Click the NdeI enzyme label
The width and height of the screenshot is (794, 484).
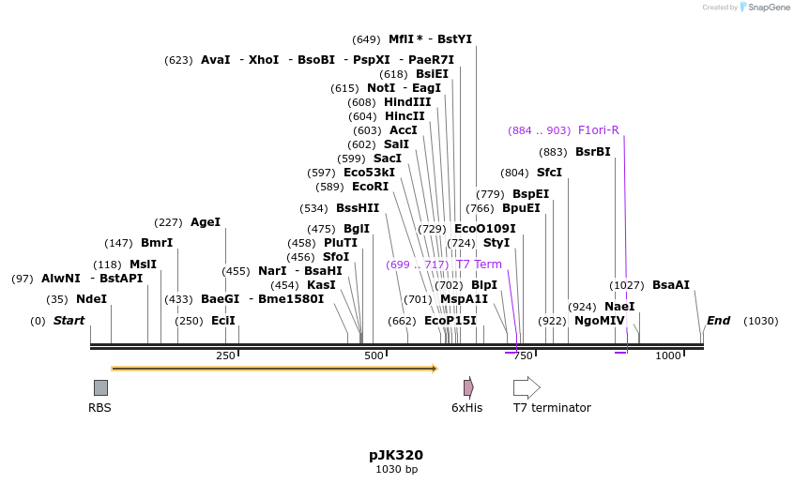[x=91, y=299]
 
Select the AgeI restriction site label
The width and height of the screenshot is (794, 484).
[x=205, y=222]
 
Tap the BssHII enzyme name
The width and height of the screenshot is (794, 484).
[x=358, y=208]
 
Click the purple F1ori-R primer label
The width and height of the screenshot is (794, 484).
[x=598, y=130]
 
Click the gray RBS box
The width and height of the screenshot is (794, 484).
[x=100, y=387]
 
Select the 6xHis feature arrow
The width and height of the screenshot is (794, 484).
[x=468, y=387]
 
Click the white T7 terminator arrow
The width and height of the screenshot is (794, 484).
[x=527, y=387]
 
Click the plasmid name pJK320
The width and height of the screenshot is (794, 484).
[x=396, y=455]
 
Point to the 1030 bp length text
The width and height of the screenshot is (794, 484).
[x=396, y=469]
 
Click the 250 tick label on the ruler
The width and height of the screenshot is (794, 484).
[x=225, y=355]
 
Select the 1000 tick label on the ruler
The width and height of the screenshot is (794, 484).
[x=668, y=355]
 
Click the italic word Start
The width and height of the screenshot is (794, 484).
[x=69, y=321]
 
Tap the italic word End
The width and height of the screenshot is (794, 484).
[x=718, y=321]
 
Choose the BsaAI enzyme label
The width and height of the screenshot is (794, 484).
[x=670, y=285]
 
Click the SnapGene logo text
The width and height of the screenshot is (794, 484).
[x=769, y=8]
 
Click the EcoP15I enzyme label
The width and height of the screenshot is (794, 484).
[x=450, y=321]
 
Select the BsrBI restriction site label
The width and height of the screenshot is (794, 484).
[x=592, y=152]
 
